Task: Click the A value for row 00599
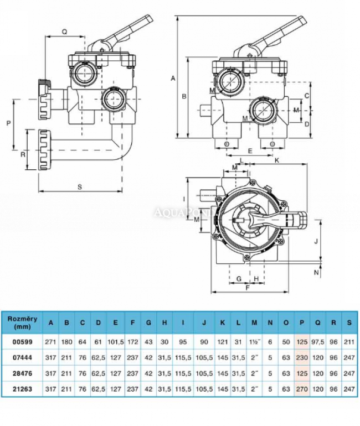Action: (52, 342)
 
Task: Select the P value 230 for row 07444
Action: (302, 358)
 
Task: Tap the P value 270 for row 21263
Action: (302, 389)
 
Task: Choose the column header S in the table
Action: (349, 323)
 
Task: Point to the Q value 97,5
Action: (318, 342)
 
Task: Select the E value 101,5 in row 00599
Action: (115, 342)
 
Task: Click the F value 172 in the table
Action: (132, 342)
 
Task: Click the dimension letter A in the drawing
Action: (173, 79)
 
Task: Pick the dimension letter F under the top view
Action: (248, 287)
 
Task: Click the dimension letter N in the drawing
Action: (316, 272)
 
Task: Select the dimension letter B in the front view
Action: (184, 97)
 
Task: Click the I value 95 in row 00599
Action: (182, 342)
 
